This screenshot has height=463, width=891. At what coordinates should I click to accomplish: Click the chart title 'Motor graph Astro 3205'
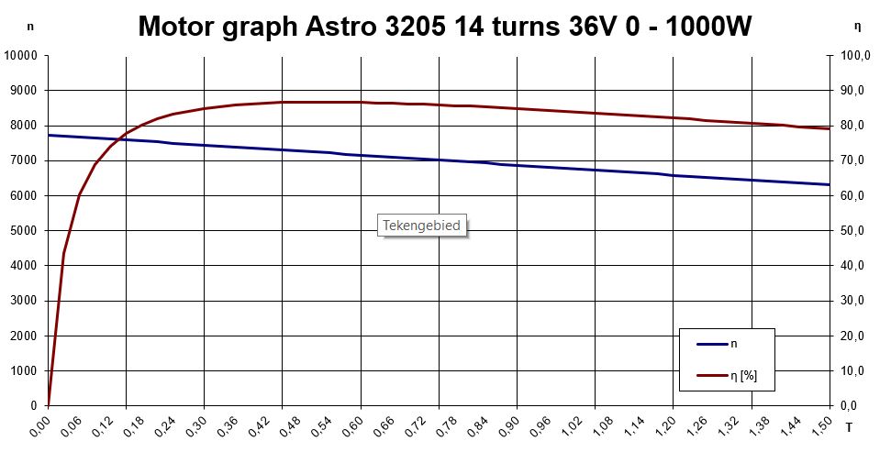click(x=445, y=27)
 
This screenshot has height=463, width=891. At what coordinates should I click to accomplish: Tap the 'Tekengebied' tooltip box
click(x=421, y=225)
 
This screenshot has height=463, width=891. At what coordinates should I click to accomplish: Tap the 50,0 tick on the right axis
click(x=857, y=231)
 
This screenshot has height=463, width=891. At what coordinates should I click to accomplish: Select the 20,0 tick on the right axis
click(x=857, y=336)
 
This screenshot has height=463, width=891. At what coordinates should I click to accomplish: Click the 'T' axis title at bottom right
click(x=848, y=426)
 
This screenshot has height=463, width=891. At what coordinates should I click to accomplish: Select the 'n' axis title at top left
click(x=30, y=28)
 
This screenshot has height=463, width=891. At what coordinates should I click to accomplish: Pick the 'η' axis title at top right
click(x=856, y=28)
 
